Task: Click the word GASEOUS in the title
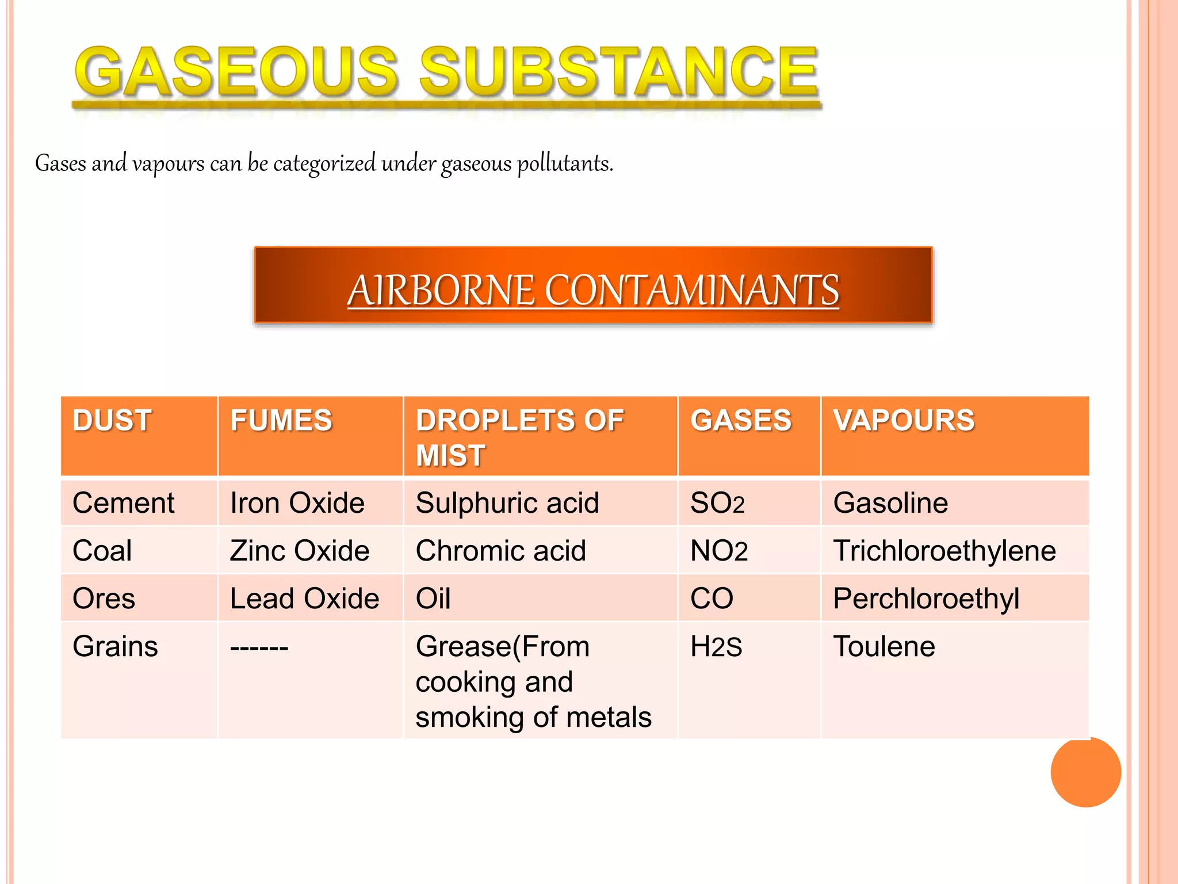[236, 71]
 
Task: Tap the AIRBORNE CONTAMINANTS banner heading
[593, 289]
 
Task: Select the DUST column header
[112, 420]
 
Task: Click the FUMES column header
[281, 420]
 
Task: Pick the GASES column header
[741, 420]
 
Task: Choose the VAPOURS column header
[904, 420]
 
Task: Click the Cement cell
[123, 503]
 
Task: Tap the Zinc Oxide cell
[299, 551]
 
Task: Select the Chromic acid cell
[500, 551]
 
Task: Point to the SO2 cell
[717, 504]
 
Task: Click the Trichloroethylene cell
[944, 551]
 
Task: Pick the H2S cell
[716, 647]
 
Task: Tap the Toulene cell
[884, 646]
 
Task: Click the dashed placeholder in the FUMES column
[259, 647]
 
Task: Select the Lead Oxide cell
[304, 599]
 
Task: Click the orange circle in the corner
[1085, 772]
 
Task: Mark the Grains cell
[115, 646]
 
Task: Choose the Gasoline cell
[890, 503]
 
